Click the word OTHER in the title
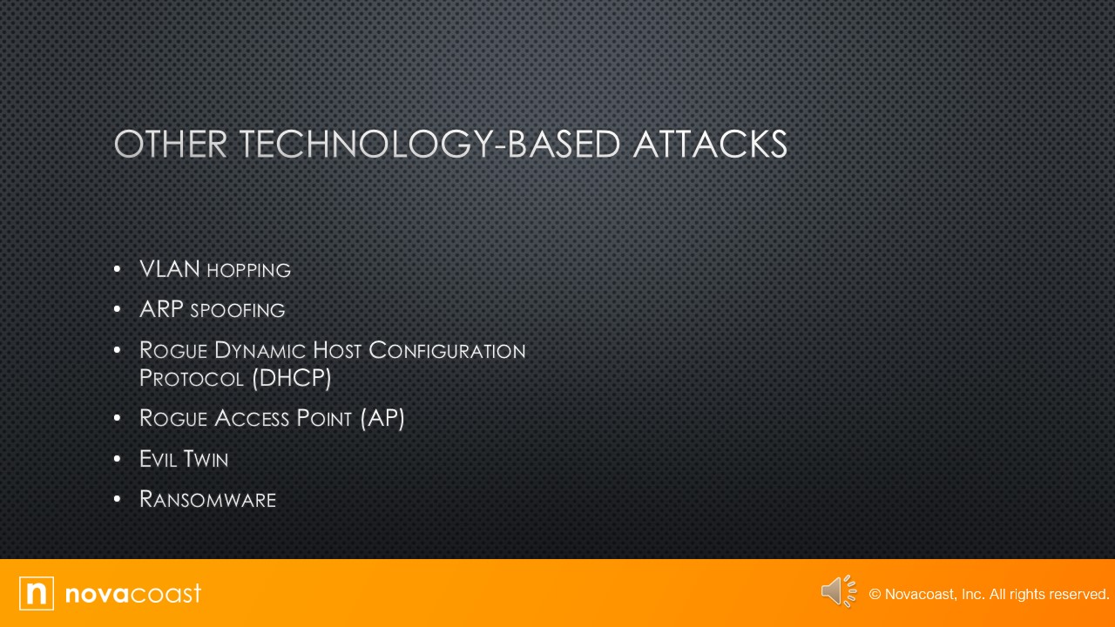click(171, 145)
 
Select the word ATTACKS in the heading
click(710, 145)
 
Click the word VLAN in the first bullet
click(170, 269)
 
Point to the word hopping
click(248, 271)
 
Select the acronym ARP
click(161, 309)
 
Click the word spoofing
click(238, 311)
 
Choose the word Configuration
click(447, 350)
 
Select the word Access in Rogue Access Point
click(252, 418)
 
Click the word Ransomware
click(207, 499)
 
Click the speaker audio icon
click(838, 591)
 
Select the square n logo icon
click(37, 593)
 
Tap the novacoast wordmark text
click(133, 593)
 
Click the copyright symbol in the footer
click(875, 594)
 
